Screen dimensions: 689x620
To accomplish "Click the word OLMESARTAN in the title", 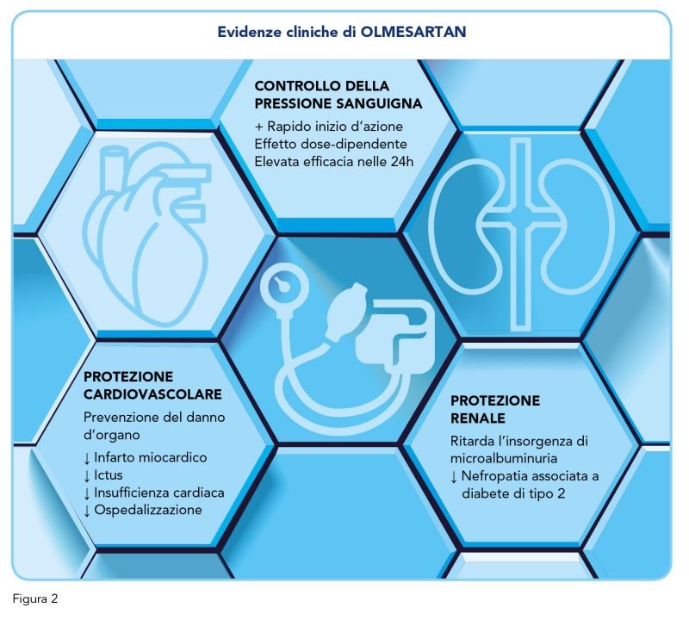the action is [x=413, y=32].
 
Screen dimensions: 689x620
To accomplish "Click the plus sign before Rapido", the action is [x=259, y=127].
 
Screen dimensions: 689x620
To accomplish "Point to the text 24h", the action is [x=402, y=162].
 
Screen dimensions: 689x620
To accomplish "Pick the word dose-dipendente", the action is [x=356, y=144].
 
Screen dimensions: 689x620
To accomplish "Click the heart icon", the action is [x=147, y=235].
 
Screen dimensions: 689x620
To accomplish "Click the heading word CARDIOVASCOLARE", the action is [x=152, y=394].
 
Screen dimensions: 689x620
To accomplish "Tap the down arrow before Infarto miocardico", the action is [x=87, y=458].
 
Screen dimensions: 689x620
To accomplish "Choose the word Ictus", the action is [x=109, y=475].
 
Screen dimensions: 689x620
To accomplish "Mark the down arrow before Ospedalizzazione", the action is [x=87, y=511].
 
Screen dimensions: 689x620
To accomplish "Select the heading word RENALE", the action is [x=478, y=418].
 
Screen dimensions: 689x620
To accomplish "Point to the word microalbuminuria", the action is [x=504, y=458].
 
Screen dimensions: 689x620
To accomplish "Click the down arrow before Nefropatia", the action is [x=454, y=477].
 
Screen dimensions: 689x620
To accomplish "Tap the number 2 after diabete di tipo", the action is [x=562, y=494].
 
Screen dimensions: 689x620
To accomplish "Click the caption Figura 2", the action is [x=35, y=599].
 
